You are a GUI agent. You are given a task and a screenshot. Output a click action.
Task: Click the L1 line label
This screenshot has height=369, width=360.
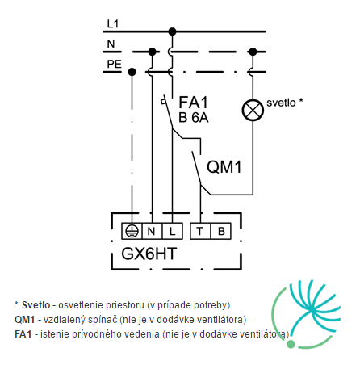pyautogui.click(x=113, y=24)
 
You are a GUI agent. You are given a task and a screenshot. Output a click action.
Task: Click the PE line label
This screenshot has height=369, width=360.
pyautogui.click(x=115, y=64)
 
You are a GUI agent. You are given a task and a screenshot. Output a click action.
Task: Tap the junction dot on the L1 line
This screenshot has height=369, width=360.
pyautogui.click(x=172, y=31)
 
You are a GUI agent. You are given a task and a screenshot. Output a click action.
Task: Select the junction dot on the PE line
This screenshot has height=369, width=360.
pyautogui.click(x=132, y=72)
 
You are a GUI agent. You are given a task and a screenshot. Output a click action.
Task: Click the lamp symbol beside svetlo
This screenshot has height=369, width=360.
pyautogui.click(x=253, y=110)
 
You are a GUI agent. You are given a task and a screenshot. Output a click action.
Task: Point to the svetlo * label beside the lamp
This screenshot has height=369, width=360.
pyautogui.click(x=285, y=103)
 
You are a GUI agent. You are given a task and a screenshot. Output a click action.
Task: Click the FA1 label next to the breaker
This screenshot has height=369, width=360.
pyautogui.click(x=194, y=103)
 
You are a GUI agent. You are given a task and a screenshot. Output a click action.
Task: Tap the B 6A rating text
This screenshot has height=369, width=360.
pyautogui.click(x=194, y=118)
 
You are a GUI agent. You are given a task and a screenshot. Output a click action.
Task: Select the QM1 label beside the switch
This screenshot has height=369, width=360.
pyautogui.click(x=224, y=166)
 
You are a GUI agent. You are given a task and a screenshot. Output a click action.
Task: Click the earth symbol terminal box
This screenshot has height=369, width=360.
pyautogui.click(x=132, y=231)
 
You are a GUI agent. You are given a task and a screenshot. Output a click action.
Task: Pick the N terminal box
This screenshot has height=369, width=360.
pyautogui.click(x=153, y=231)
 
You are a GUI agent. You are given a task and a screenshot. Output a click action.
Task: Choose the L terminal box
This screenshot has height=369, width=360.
pyautogui.click(x=173, y=231)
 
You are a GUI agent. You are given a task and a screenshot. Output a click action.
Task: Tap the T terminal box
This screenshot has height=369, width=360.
pyautogui.click(x=200, y=231)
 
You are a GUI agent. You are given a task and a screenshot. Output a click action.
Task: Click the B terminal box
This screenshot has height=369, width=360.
pyautogui.click(x=220, y=231)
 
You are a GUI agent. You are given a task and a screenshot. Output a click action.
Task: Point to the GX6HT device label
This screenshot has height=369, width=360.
pyautogui.click(x=149, y=254)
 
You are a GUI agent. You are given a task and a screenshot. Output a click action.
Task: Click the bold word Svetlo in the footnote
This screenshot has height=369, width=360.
pyautogui.click(x=36, y=305)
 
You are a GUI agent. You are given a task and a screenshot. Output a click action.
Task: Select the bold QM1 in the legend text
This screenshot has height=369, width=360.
pyautogui.click(x=25, y=320)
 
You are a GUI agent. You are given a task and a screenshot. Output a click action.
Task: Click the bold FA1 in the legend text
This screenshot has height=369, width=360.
pyautogui.click(x=23, y=334)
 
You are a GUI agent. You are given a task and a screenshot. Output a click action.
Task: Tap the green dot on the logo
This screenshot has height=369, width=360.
pyautogui.click(x=291, y=344)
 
